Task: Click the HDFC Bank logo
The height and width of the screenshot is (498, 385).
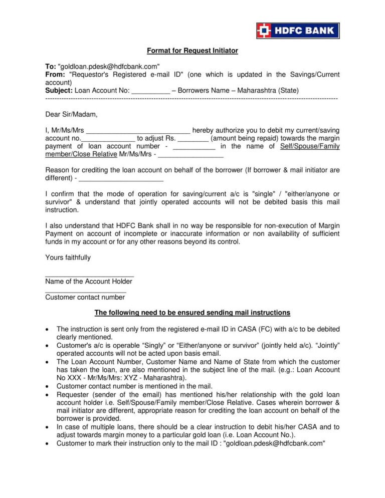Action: pyautogui.click(x=298, y=31)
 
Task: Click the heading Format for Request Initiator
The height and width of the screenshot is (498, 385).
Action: pyautogui.click(x=192, y=51)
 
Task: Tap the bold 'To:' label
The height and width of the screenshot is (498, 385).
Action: pyautogui.click(x=51, y=66)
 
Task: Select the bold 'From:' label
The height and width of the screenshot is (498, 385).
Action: pyautogui.click(x=55, y=74)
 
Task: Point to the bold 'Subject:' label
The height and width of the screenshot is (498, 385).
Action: pyautogui.click(x=59, y=91)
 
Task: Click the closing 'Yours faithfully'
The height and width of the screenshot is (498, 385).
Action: pyautogui.click(x=68, y=258)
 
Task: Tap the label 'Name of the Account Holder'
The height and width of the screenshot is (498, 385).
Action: pyautogui.click(x=89, y=281)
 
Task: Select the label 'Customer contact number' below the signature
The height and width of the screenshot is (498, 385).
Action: pyautogui.click(x=85, y=297)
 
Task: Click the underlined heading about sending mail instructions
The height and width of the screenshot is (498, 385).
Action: pyautogui.click(x=192, y=313)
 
